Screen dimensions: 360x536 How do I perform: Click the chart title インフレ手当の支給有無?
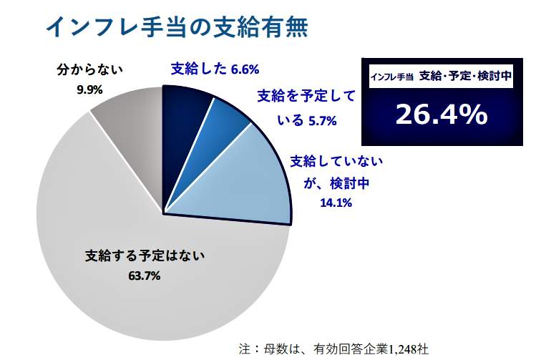(x=177, y=26)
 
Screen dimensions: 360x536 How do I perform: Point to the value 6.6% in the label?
(x=245, y=69)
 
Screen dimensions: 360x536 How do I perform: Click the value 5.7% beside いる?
(x=322, y=121)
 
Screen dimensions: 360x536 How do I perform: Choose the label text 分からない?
(x=90, y=70)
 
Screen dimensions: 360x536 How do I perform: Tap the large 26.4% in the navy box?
(x=440, y=115)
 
